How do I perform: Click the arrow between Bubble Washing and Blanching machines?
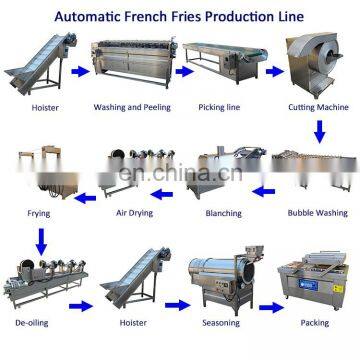point(262,188)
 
